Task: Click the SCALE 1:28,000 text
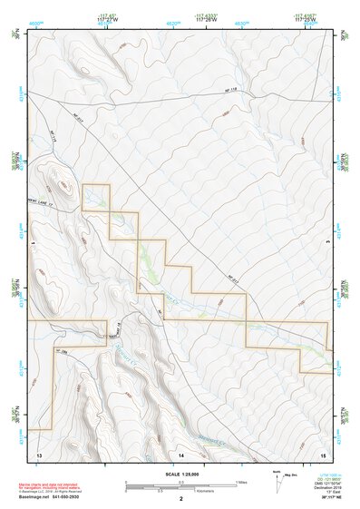[x=180, y=473]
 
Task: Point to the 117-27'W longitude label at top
[x=108, y=18]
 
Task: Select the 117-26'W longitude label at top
[x=207, y=18]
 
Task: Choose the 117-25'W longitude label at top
[x=306, y=18]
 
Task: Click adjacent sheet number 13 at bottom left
[x=39, y=452]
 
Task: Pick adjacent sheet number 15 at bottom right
[x=323, y=452]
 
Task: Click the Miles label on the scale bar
[x=242, y=481]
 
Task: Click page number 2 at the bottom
[x=180, y=498]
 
